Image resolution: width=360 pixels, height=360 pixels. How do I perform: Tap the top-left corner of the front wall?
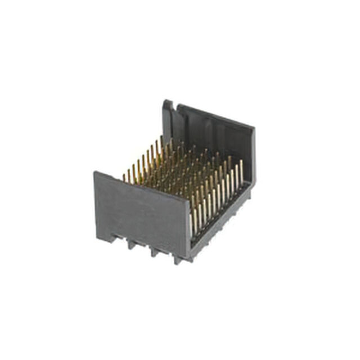[x=94, y=172]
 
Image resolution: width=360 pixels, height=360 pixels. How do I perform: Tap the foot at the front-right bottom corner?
[x=179, y=260]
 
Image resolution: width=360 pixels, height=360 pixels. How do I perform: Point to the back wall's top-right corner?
[x=254, y=128]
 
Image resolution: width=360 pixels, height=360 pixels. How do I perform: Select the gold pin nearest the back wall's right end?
[x=241, y=169]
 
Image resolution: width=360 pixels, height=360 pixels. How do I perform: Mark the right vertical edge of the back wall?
[x=254, y=157]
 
